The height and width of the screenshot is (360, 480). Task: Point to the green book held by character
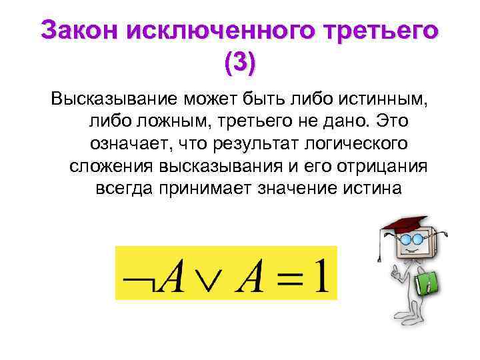click(427, 283)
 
